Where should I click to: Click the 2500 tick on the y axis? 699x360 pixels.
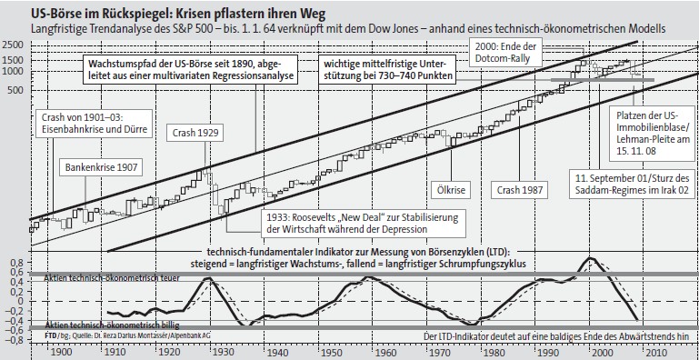tap(14, 45)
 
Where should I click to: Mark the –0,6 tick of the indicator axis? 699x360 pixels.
tap(12, 330)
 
